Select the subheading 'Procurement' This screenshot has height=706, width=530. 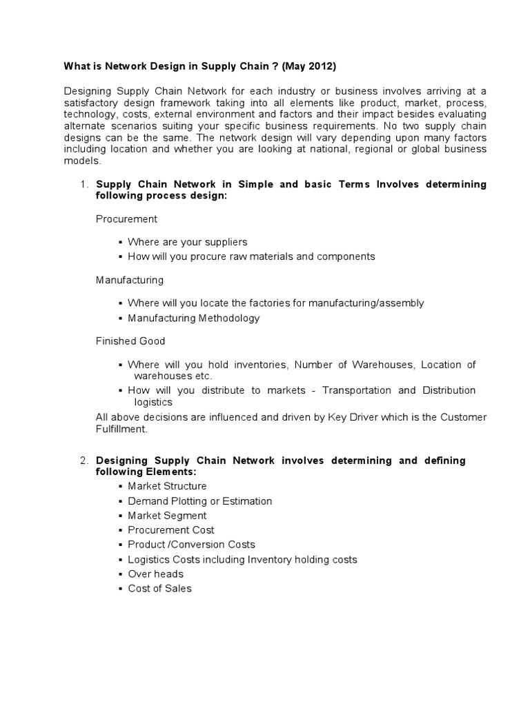coord(126,219)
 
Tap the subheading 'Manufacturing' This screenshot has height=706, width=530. coord(130,280)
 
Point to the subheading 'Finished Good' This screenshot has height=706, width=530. coord(130,341)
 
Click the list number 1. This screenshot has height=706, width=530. coord(84,184)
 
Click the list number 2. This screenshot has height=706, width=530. coord(84,460)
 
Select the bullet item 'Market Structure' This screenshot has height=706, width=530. coord(167,486)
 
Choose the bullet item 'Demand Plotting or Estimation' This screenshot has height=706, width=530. coord(199,501)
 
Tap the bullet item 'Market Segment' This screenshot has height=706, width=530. coord(167,515)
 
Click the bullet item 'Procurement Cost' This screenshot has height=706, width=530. coord(170,529)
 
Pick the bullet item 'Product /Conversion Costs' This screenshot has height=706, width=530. coord(191,544)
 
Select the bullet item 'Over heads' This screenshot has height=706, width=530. coord(155,574)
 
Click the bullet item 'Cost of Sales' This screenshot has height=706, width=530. coord(159,588)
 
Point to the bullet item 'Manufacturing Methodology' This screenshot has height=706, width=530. coord(193,318)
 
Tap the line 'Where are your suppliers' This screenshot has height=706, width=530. coord(187,242)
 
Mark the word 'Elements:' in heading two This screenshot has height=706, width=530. coord(173,472)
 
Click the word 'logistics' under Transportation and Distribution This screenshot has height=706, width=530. coord(153,402)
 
